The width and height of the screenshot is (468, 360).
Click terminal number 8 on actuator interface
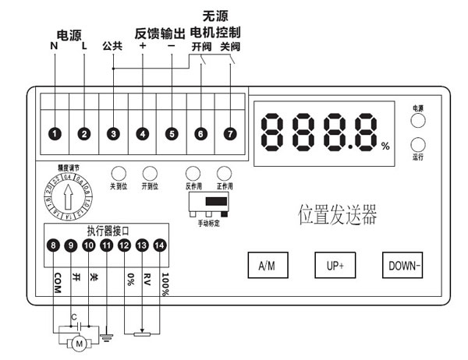53,246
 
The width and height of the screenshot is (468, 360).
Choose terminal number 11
106,246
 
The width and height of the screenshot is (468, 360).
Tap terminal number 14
160,246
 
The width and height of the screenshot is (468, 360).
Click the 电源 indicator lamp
419,120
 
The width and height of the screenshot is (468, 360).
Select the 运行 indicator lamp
419,145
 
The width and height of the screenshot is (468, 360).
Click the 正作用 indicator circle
225,173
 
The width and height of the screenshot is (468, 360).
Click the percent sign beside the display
385,146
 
